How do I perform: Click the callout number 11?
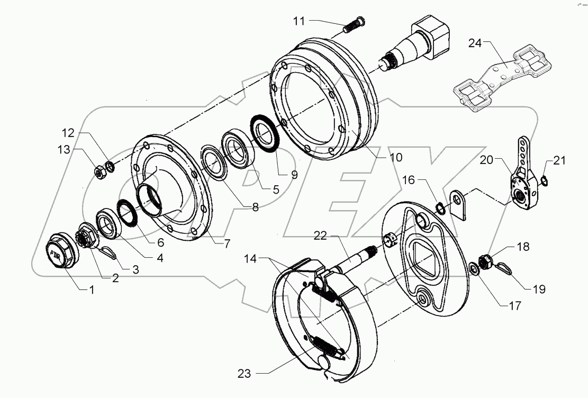(298, 21)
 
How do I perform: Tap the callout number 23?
(245, 374)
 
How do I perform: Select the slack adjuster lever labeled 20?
(522, 177)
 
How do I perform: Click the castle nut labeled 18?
(486, 260)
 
